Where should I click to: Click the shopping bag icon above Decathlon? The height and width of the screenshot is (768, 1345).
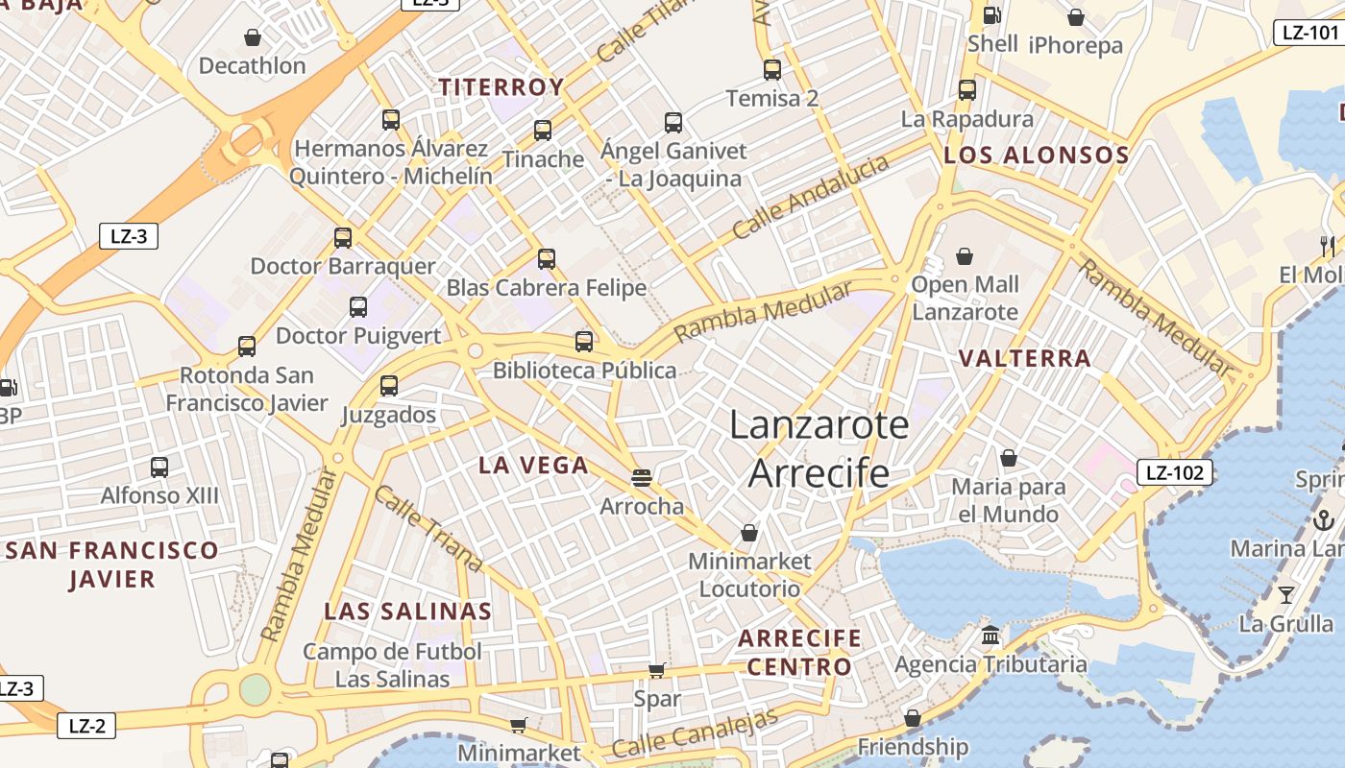click(x=252, y=37)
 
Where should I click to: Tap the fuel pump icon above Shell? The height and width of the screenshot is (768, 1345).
click(x=991, y=15)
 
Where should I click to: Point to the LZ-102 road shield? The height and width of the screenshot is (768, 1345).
click(x=1174, y=472)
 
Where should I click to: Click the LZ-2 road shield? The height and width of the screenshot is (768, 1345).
click(x=86, y=726)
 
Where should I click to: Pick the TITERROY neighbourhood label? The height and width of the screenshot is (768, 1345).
click(x=501, y=87)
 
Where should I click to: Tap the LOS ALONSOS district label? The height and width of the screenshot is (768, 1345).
click(x=1036, y=155)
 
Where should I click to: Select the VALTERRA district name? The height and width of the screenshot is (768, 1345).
click(x=1025, y=359)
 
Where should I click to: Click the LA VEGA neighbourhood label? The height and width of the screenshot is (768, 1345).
click(x=533, y=466)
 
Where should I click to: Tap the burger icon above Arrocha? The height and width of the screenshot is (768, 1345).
click(x=642, y=477)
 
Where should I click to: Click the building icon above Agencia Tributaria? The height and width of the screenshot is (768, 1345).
click(x=990, y=636)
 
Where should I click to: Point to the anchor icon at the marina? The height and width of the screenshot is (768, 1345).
click(x=1324, y=520)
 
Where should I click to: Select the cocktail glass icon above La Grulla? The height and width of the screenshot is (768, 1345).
click(x=1286, y=595)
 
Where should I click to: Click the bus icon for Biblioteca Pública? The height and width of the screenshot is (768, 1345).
click(x=584, y=342)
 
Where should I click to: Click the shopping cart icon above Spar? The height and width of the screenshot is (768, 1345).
click(x=657, y=670)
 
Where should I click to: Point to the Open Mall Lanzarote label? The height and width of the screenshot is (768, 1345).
click(x=965, y=298)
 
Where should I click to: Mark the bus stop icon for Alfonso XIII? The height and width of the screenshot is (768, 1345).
click(x=159, y=468)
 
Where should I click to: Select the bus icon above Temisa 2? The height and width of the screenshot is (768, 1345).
click(x=772, y=69)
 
